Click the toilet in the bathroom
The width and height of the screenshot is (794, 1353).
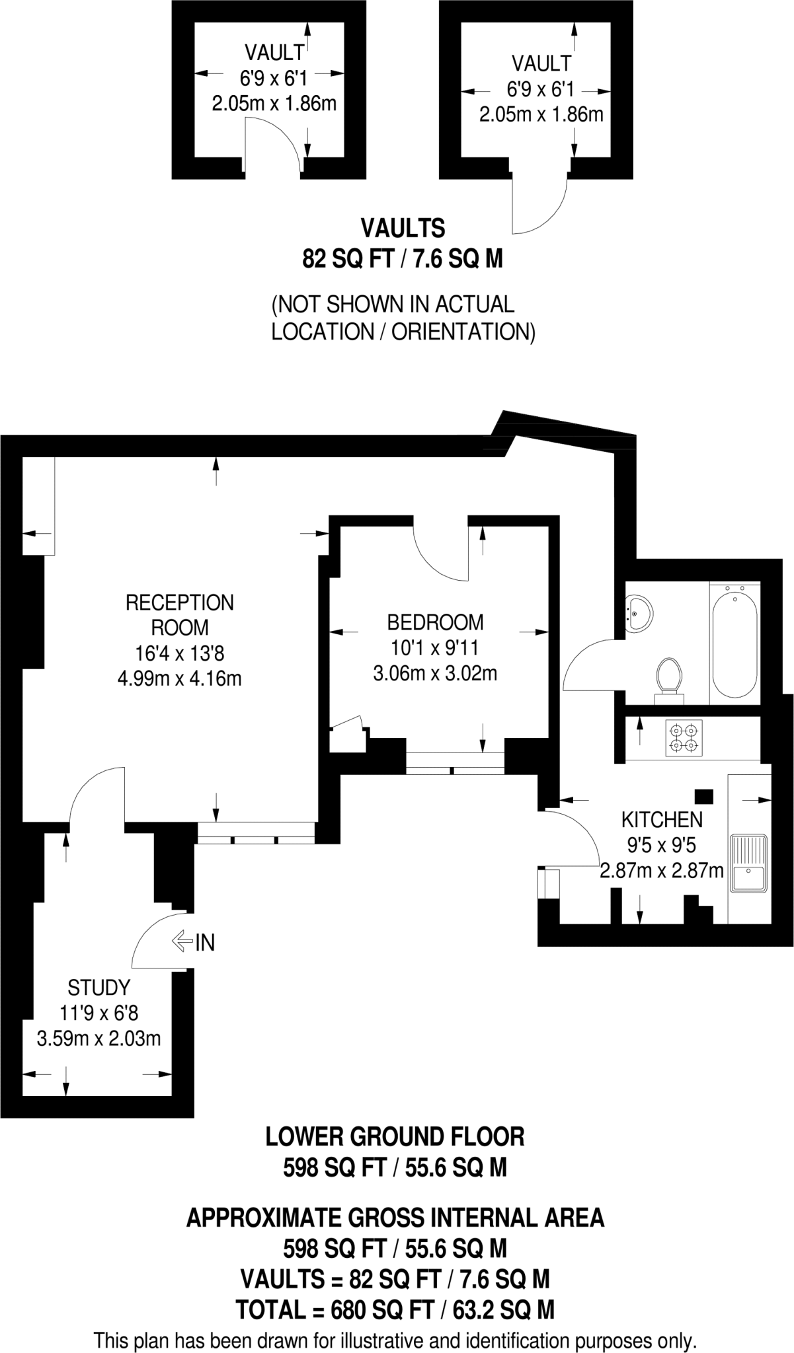(669, 676)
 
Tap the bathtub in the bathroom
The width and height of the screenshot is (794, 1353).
(734, 643)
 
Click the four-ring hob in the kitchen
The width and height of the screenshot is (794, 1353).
(684, 738)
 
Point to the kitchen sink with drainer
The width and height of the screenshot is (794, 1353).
(748, 863)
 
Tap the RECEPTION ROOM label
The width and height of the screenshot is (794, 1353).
(179, 614)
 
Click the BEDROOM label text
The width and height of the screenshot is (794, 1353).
(435, 622)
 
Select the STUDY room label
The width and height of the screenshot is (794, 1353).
(99, 988)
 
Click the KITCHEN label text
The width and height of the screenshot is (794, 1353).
(661, 820)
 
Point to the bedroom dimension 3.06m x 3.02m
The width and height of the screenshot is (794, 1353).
(435, 674)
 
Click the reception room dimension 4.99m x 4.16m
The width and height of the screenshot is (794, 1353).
(179, 678)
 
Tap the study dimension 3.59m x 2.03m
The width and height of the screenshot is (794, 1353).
(99, 1038)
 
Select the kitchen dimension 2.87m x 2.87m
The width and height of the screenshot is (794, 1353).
(661, 871)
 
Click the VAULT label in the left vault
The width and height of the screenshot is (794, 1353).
(274, 52)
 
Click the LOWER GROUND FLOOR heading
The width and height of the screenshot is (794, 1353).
(395, 1137)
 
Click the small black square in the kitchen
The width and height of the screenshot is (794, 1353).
(703, 797)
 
